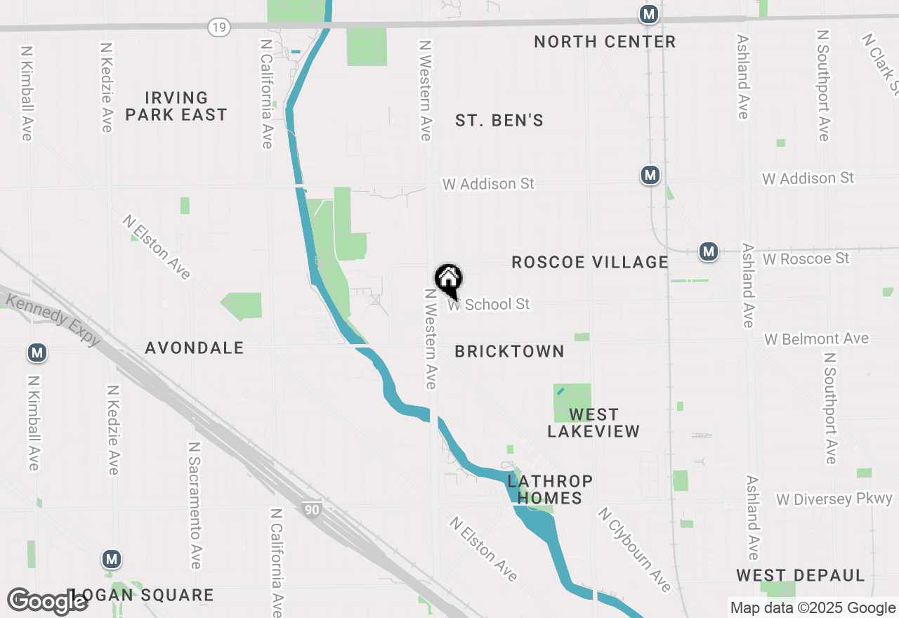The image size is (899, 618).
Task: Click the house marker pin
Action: [x=448, y=280]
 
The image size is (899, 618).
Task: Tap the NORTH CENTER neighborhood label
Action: [x=605, y=41]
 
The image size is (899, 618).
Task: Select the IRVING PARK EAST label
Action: [x=176, y=106]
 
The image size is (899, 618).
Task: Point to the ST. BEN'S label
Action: [x=499, y=121]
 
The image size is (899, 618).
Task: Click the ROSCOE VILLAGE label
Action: [x=590, y=262]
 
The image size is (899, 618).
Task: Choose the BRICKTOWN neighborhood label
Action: [x=509, y=351]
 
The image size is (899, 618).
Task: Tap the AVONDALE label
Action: [x=195, y=348]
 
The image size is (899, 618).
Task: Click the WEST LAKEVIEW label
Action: [x=593, y=423]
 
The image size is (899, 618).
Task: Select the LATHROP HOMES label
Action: [x=550, y=489]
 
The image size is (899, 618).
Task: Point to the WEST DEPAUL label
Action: [x=801, y=576]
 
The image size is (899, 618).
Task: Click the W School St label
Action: [x=490, y=304]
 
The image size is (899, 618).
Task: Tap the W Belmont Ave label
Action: [x=817, y=338]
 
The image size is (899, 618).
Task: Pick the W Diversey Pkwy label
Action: [x=834, y=499]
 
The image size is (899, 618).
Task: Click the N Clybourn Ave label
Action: [x=635, y=548]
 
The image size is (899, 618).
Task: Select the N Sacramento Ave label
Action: [x=195, y=506]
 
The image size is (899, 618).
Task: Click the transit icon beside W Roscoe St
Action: [x=708, y=251]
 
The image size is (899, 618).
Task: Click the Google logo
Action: [x=47, y=601]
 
